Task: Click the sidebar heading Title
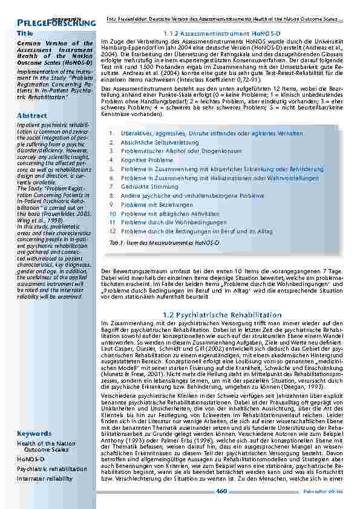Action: pyautogui.click(x=25, y=33)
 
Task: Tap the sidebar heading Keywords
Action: pyautogui.click(x=34, y=434)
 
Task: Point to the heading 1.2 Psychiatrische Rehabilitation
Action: pyautogui.click(x=223, y=315)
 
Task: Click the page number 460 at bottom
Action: pyautogui.click(x=221, y=491)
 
